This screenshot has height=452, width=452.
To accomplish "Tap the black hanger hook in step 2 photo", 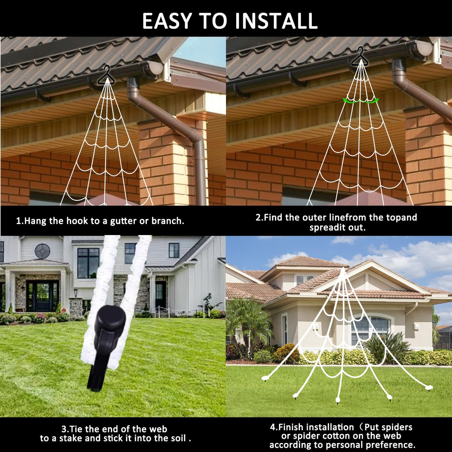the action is (x=360, y=56).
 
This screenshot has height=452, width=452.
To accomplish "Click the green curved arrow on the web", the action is (x=360, y=101).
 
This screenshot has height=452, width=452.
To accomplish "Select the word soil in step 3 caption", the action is (x=178, y=438).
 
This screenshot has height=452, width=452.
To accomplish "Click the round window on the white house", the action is (x=43, y=251).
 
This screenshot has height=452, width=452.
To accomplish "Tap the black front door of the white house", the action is (x=43, y=296).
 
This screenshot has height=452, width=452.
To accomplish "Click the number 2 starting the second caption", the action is (x=258, y=217).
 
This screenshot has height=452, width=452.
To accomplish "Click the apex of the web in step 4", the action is (x=343, y=268).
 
